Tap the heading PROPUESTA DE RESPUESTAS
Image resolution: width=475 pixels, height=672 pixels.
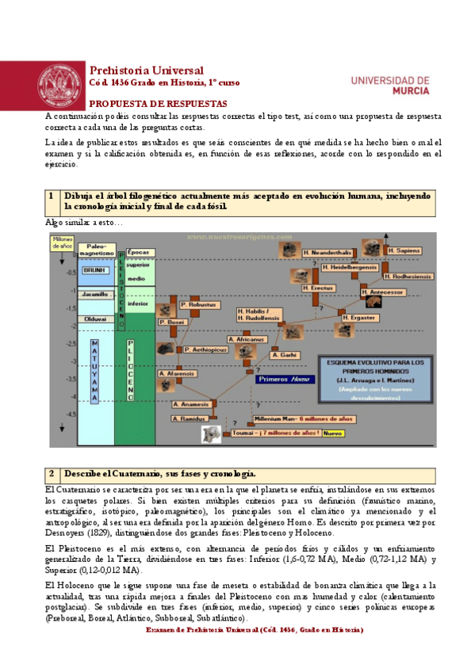pyautogui.click(x=158, y=104)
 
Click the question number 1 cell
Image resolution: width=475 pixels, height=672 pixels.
pyautogui.click(x=51, y=195)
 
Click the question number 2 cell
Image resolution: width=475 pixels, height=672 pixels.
pyautogui.click(x=51, y=474)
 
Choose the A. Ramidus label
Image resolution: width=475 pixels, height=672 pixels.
pyautogui.click(x=190, y=417)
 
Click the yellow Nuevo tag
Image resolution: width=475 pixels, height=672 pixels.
pyautogui.click(x=331, y=433)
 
